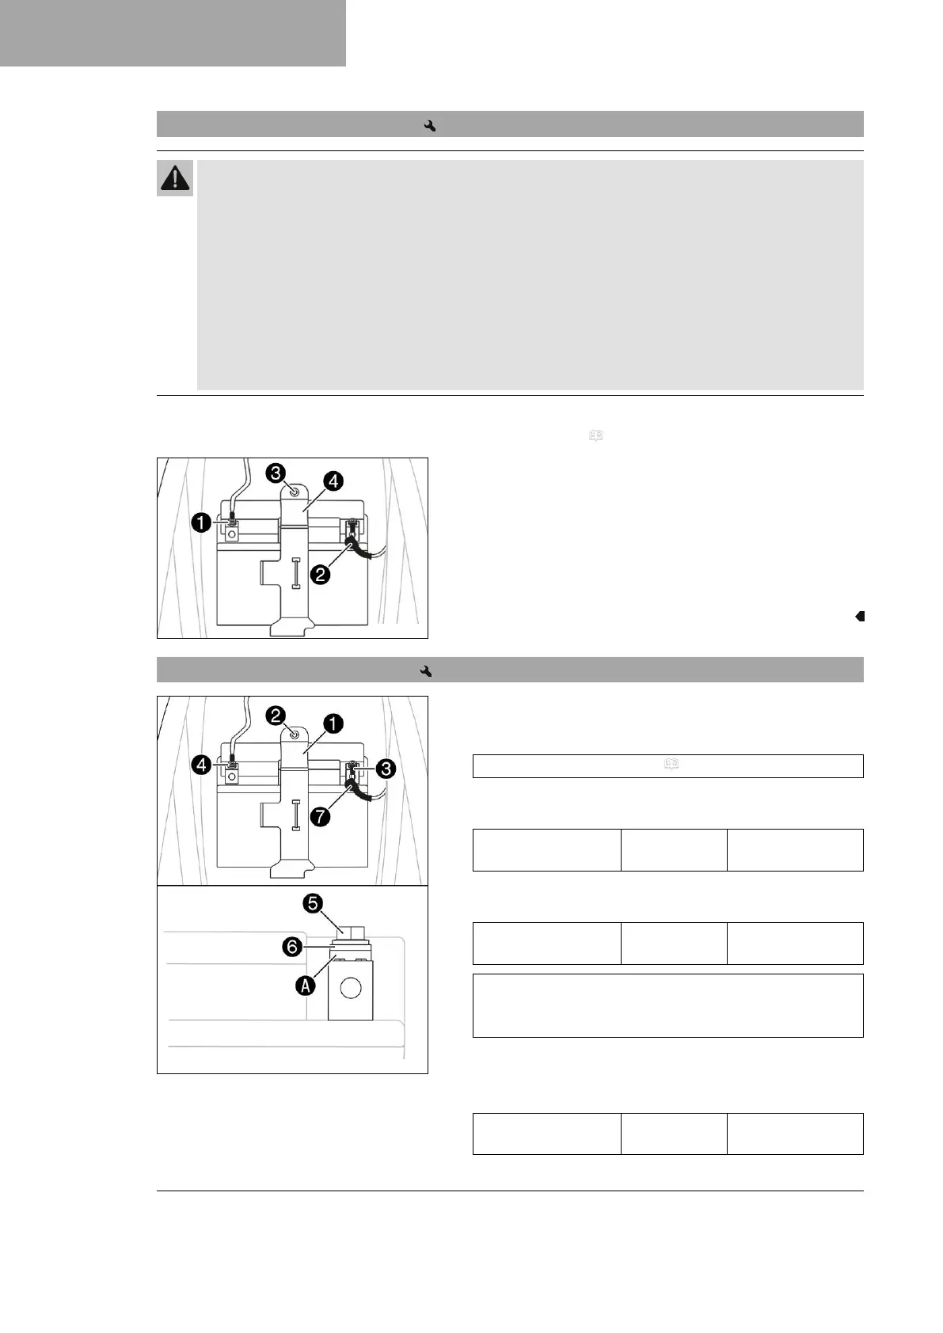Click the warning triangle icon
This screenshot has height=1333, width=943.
(x=175, y=178)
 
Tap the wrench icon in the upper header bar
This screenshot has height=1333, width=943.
(x=431, y=125)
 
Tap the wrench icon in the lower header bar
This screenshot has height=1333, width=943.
(x=427, y=671)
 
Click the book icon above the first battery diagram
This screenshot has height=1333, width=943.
(x=595, y=435)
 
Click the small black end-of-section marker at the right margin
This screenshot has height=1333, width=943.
(x=860, y=616)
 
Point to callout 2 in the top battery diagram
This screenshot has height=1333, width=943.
(x=320, y=574)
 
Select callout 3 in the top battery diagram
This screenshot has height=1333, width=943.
(x=276, y=473)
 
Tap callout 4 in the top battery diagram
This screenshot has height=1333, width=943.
(x=333, y=480)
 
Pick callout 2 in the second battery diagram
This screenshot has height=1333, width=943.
(x=276, y=716)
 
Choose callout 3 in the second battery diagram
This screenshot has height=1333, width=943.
(x=386, y=767)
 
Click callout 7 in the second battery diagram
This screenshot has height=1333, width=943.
(x=319, y=816)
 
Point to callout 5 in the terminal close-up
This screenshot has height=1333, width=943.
(x=314, y=904)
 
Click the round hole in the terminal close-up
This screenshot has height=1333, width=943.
(x=351, y=988)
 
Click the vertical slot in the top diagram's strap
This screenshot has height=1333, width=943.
(x=295, y=572)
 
